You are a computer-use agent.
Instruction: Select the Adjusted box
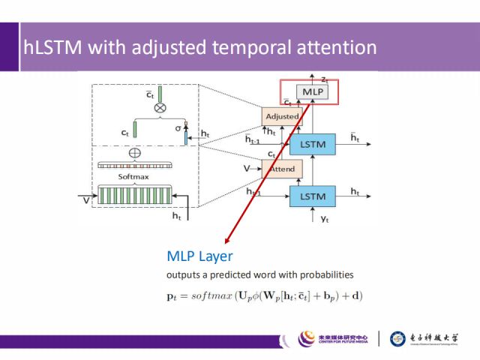(282, 116)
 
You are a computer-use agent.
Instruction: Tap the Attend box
(281, 169)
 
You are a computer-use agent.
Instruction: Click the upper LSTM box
(311, 143)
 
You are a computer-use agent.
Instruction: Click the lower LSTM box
(311, 196)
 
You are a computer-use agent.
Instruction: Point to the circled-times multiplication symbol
(160, 108)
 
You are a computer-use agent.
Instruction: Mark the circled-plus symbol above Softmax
(136, 152)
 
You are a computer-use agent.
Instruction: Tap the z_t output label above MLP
(324, 78)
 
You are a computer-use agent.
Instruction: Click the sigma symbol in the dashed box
(178, 128)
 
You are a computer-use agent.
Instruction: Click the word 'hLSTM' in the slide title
(52, 47)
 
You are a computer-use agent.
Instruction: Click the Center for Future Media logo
(334, 339)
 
